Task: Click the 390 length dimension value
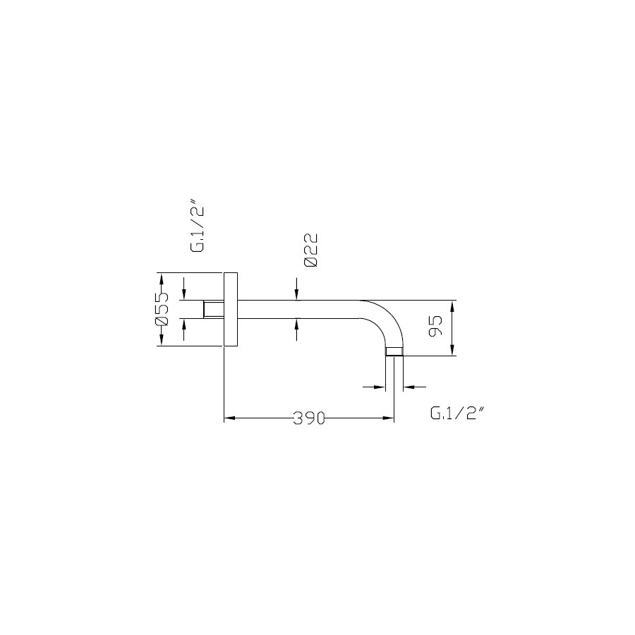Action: tap(309, 418)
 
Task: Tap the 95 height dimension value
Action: tap(435, 326)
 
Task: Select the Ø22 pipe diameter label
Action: tap(310, 250)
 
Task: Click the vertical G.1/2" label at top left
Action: tap(198, 229)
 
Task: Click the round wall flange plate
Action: tap(231, 310)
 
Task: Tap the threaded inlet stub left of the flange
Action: tap(213, 310)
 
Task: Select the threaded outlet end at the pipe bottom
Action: tap(394, 351)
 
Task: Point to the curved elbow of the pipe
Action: tap(386, 320)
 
